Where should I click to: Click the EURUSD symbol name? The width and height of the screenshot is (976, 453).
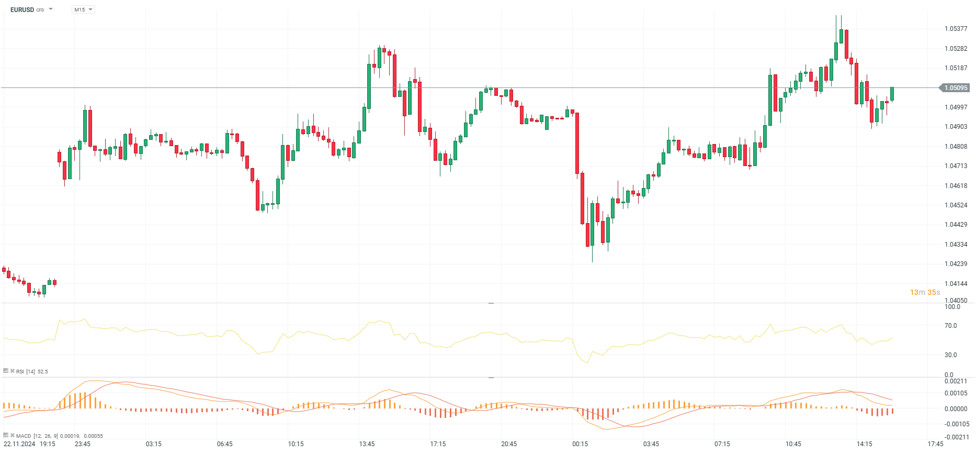22,9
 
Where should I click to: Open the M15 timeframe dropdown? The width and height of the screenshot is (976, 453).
83,9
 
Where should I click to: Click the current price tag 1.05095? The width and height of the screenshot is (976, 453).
956,87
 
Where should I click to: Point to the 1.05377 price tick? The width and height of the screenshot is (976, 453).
956,29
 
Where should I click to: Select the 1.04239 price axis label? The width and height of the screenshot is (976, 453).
956,264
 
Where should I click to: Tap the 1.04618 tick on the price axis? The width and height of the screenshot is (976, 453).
956,186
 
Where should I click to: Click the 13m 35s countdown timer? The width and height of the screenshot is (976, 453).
925,292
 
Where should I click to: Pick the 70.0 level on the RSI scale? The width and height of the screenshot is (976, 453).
950,326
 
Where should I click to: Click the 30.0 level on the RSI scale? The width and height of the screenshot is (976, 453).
950,355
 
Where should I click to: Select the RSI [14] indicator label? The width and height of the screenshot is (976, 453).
26,372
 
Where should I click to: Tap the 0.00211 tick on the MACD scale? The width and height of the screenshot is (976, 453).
956,381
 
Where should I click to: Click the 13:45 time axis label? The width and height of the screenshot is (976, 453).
367,444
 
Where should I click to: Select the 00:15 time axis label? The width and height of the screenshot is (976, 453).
580,444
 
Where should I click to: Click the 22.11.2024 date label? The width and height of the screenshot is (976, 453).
19,444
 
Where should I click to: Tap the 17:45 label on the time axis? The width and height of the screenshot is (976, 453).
935,444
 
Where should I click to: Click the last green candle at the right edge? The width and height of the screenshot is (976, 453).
892,94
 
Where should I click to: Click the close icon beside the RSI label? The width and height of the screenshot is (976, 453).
12,371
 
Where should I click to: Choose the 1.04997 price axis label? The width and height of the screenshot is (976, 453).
956,107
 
